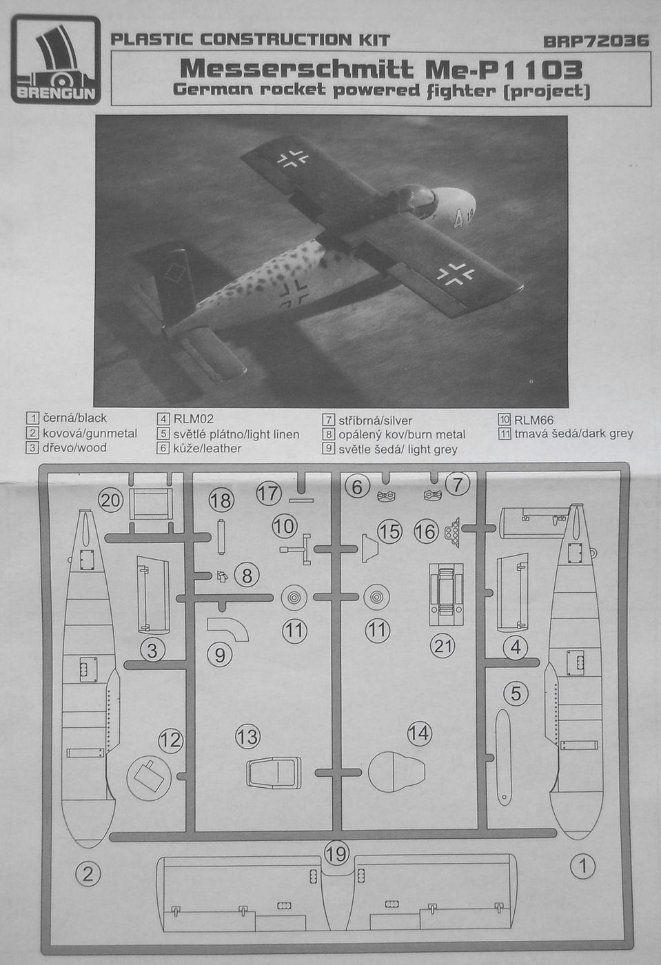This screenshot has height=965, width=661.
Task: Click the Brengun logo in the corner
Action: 55,62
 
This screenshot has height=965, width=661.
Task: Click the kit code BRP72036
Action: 596,41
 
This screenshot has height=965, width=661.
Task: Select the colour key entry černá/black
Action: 68,418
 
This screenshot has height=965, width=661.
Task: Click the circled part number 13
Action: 247,737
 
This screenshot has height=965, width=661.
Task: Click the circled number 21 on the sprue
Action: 443,645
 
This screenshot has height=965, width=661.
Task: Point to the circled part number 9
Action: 219,654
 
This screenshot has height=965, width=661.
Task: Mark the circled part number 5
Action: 516,693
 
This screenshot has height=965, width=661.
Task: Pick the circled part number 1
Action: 583,865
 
